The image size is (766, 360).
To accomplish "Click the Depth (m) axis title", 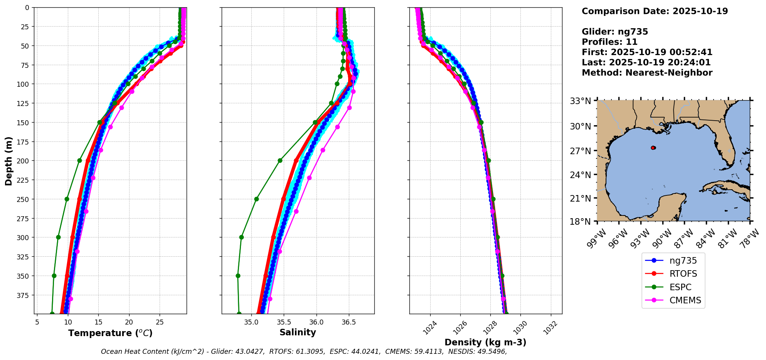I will pyautogui.click(x=8, y=161).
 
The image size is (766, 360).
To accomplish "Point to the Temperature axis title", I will pyautogui.click(x=110, y=333).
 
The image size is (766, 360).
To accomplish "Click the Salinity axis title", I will pyautogui.click(x=298, y=332).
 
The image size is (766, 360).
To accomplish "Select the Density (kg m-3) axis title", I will pyautogui.click(x=485, y=342).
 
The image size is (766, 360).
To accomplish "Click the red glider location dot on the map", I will pyautogui.click(x=653, y=148).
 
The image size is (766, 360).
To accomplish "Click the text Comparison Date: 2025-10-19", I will pyautogui.click(x=655, y=11).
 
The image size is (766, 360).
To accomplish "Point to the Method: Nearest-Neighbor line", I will pyautogui.click(x=647, y=73).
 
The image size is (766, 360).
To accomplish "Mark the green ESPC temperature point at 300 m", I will pyautogui.click(x=58, y=237).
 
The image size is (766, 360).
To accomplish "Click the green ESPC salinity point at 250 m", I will pyautogui.click(x=256, y=199).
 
